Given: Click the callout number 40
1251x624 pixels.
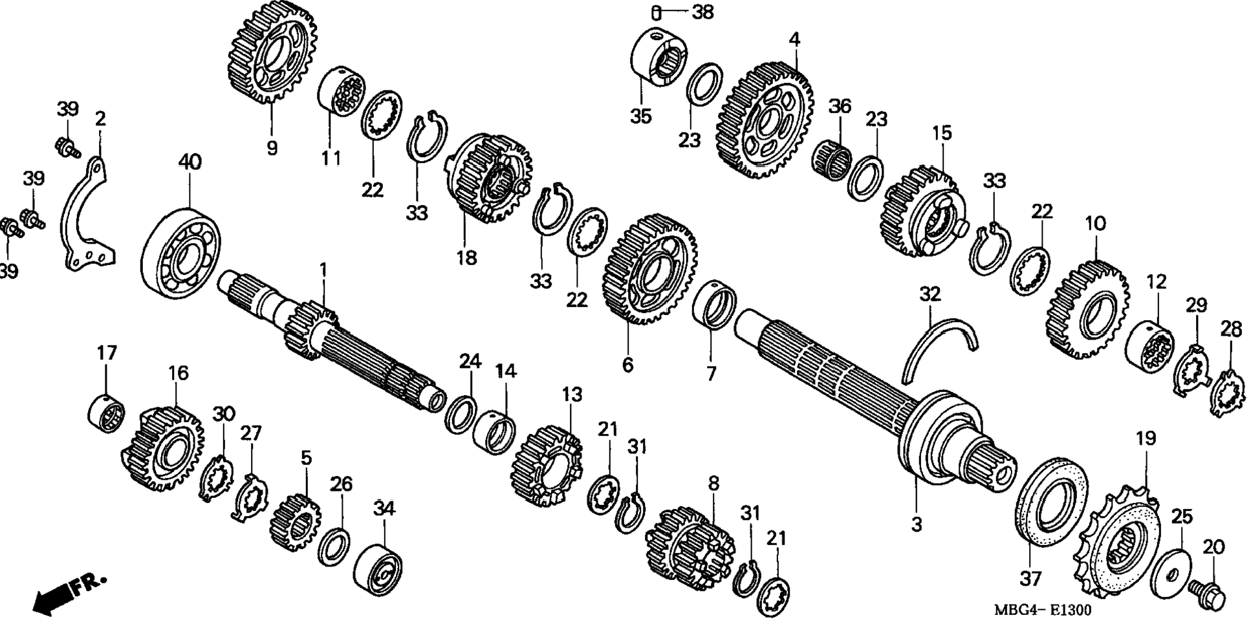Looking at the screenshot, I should [190, 162].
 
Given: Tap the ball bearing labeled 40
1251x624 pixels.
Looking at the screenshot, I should [181, 252].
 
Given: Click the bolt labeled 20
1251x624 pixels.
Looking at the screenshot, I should [1208, 592].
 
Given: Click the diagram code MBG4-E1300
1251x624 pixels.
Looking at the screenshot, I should [1042, 610].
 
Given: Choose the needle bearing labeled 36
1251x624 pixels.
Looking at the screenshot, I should [831, 158].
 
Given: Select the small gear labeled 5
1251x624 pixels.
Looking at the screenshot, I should [295, 522].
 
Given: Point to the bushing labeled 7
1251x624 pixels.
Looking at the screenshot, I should [714, 304].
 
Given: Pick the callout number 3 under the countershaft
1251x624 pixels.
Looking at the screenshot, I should [916, 524].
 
